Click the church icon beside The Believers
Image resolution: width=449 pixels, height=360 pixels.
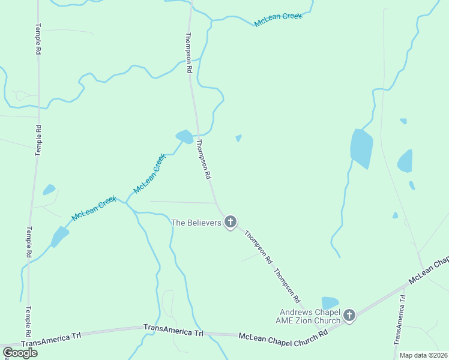click(229, 223)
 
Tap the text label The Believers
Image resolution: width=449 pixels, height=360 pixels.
click(196, 223)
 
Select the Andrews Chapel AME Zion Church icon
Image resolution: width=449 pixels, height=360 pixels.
click(349, 314)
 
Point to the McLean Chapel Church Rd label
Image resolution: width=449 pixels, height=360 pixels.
click(283, 337)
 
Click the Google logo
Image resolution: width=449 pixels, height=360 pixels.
click(20, 352)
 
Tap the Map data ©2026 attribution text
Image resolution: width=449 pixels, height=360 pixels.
click(423, 355)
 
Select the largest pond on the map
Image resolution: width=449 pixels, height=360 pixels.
click(361, 148)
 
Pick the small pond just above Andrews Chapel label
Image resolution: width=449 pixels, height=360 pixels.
click(330, 302)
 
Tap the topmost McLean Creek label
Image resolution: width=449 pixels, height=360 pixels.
click(278, 20)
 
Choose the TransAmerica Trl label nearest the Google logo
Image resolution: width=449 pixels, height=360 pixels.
click(51, 340)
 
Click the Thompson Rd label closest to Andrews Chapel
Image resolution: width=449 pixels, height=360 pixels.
click(287, 285)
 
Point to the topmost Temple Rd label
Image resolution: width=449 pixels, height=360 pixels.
click(38, 40)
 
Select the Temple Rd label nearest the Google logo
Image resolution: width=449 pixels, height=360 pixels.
click(28, 322)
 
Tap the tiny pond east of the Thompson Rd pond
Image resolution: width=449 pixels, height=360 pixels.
click(238, 138)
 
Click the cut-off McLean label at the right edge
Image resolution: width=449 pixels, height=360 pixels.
click(429, 271)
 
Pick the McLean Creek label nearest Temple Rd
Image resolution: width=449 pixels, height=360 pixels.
click(94, 208)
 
